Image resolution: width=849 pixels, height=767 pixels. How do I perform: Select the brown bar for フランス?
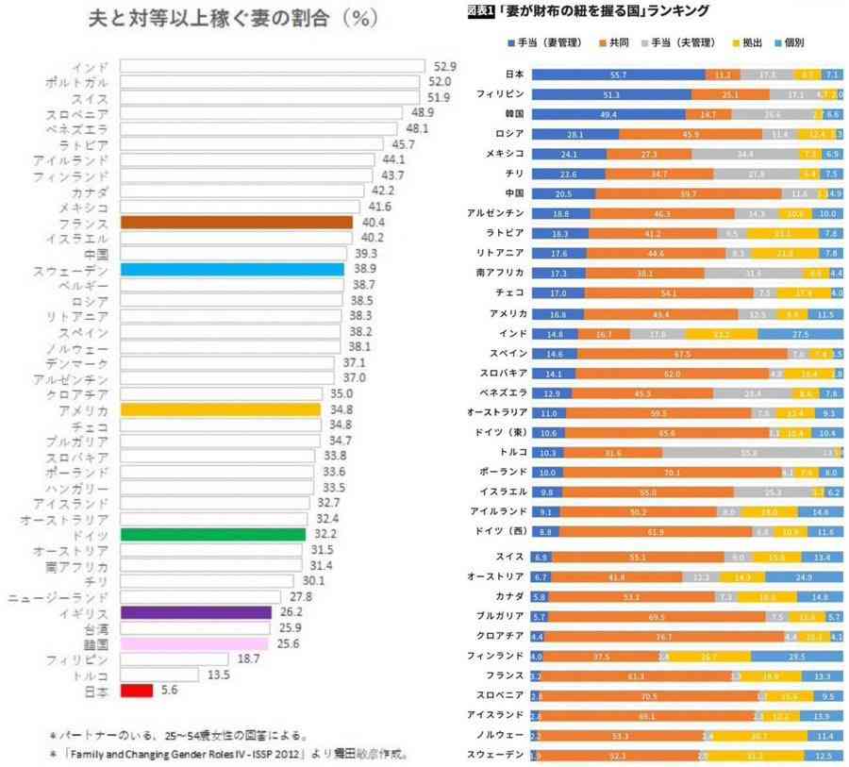point(237,223)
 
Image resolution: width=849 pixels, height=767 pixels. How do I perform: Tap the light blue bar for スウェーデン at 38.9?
point(232,270)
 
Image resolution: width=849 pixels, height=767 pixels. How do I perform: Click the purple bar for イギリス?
point(196,612)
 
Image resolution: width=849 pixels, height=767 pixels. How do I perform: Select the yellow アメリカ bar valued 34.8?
point(221,410)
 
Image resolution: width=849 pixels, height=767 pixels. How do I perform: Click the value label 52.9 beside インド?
point(445,66)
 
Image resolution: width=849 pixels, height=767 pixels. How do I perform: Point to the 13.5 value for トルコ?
point(220,675)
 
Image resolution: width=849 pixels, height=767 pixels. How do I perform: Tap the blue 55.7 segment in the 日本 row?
point(618,74)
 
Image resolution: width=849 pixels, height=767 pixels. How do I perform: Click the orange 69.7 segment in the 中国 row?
point(688,192)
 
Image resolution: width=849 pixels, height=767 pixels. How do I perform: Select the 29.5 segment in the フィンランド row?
point(795,656)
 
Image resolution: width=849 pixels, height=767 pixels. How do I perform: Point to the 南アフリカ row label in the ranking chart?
point(494,273)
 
